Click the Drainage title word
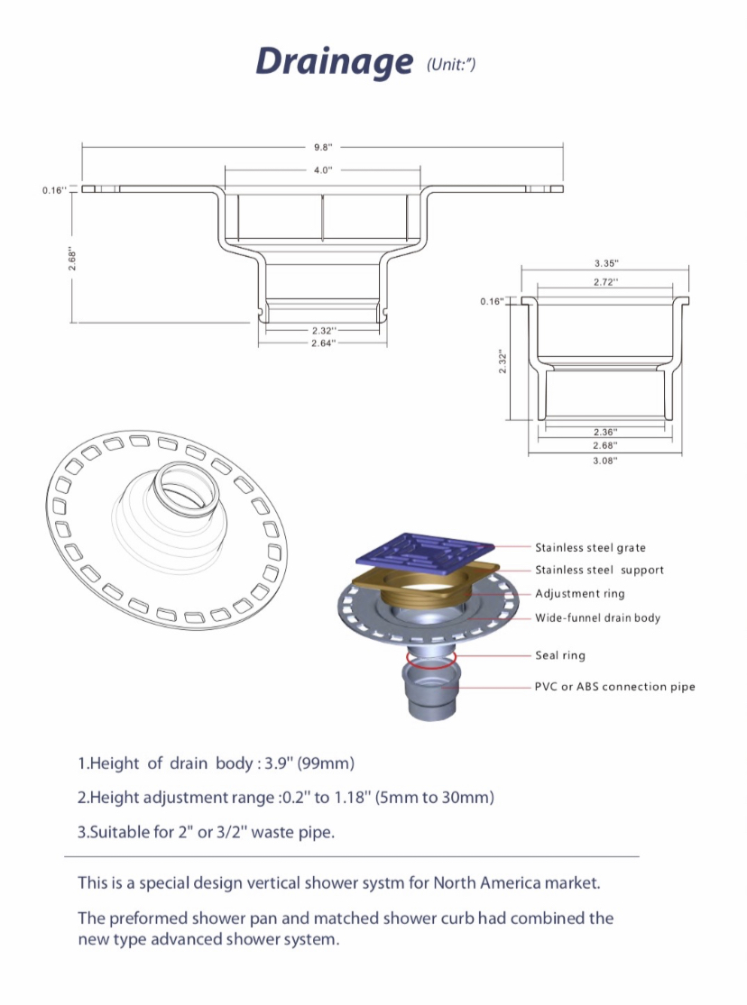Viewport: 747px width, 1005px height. click(x=335, y=62)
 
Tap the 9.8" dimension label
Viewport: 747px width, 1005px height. click(x=323, y=148)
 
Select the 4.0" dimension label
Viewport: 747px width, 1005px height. click(x=323, y=169)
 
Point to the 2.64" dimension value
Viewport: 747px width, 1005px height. click(x=323, y=343)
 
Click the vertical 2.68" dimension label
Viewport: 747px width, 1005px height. click(x=72, y=260)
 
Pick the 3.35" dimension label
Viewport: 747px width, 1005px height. click(x=606, y=263)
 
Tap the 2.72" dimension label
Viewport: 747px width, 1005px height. click(x=606, y=282)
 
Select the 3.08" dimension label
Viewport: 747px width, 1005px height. click(x=604, y=461)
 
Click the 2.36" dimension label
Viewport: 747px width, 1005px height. click(x=604, y=433)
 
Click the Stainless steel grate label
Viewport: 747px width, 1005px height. click(x=590, y=547)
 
